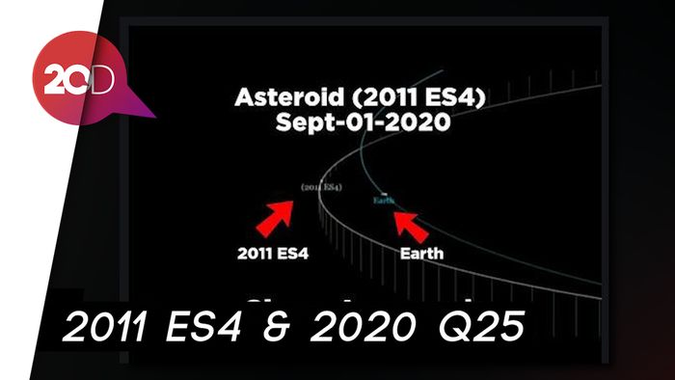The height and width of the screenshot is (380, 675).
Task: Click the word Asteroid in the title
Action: pos(279,98)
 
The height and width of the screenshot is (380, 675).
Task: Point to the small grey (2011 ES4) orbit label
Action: pos(321,185)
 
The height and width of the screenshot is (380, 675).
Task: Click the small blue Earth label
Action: pos(384,200)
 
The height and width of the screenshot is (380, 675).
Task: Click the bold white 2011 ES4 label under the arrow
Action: pos(273,257)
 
